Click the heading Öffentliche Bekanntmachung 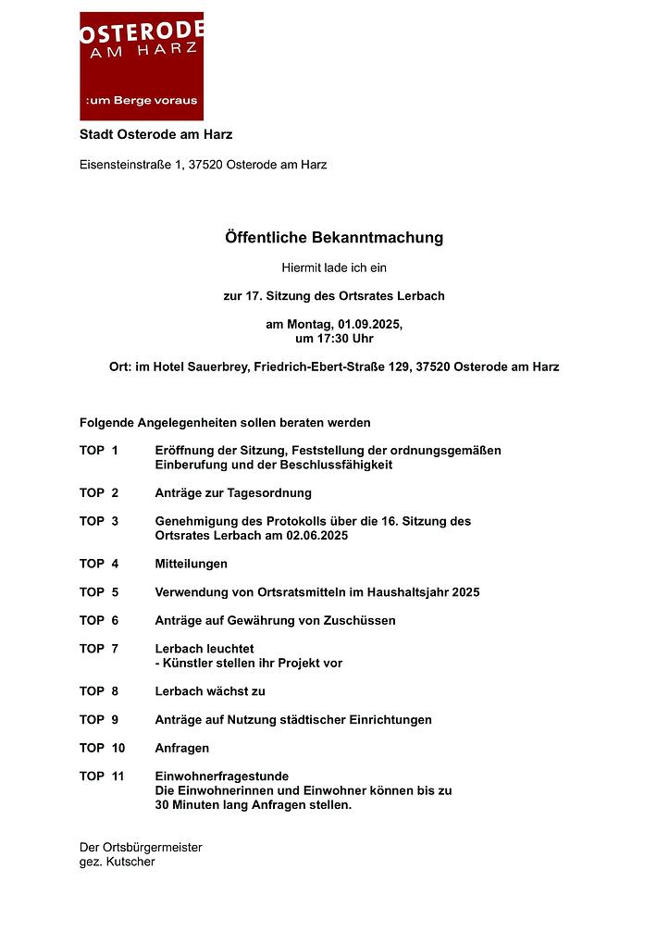[x=334, y=238]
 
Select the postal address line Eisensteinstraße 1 [x=203, y=165]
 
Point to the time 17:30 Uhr [x=341, y=339]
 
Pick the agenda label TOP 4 [x=99, y=564]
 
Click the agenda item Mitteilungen [x=191, y=564]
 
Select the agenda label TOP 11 [x=102, y=776]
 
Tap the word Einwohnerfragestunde [x=222, y=776]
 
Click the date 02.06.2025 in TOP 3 [x=316, y=536]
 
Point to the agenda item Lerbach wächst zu [x=210, y=691]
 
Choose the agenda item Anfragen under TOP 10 [x=182, y=748]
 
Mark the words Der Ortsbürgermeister [x=141, y=848]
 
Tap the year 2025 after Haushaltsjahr [x=465, y=592]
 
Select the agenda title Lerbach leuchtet [x=204, y=649]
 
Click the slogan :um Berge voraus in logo [x=141, y=100]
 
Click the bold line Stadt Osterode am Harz [x=155, y=135]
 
